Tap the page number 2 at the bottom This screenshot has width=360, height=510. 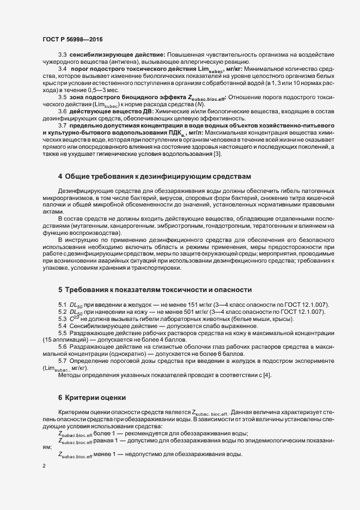(x=44, y=466)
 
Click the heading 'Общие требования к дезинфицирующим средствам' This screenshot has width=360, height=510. (x=158, y=177)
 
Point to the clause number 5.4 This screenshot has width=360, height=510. (x=62, y=326)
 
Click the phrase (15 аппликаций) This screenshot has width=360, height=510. (x=65, y=339)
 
